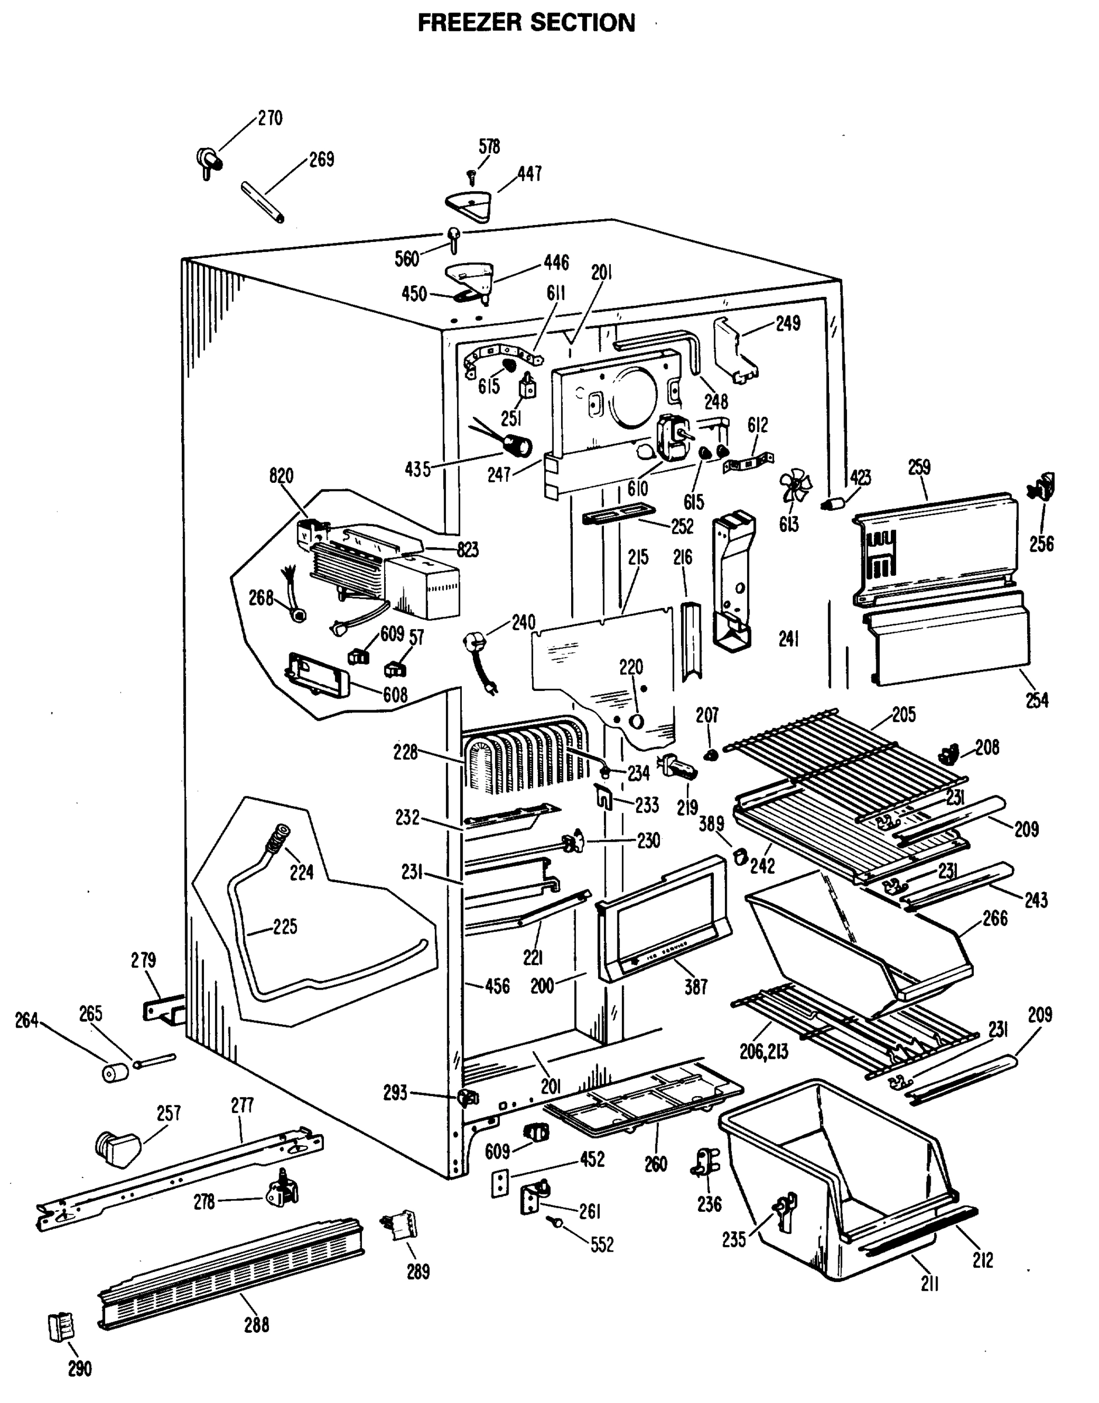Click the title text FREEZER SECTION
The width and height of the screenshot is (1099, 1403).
click(x=526, y=23)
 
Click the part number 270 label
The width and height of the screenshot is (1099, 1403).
click(x=270, y=118)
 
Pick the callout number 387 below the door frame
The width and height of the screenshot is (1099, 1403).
click(x=696, y=987)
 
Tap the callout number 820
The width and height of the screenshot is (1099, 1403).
click(x=281, y=476)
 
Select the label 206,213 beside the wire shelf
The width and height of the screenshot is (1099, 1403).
click(x=764, y=1052)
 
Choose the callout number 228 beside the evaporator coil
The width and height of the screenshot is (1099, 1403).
click(x=405, y=752)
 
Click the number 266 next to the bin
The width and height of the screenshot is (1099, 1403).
click(x=994, y=918)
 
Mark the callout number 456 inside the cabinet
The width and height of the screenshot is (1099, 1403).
click(x=497, y=986)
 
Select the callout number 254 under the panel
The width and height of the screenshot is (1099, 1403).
click(x=1036, y=700)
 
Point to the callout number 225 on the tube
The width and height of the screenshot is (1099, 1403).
click(x=285, y=927)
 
